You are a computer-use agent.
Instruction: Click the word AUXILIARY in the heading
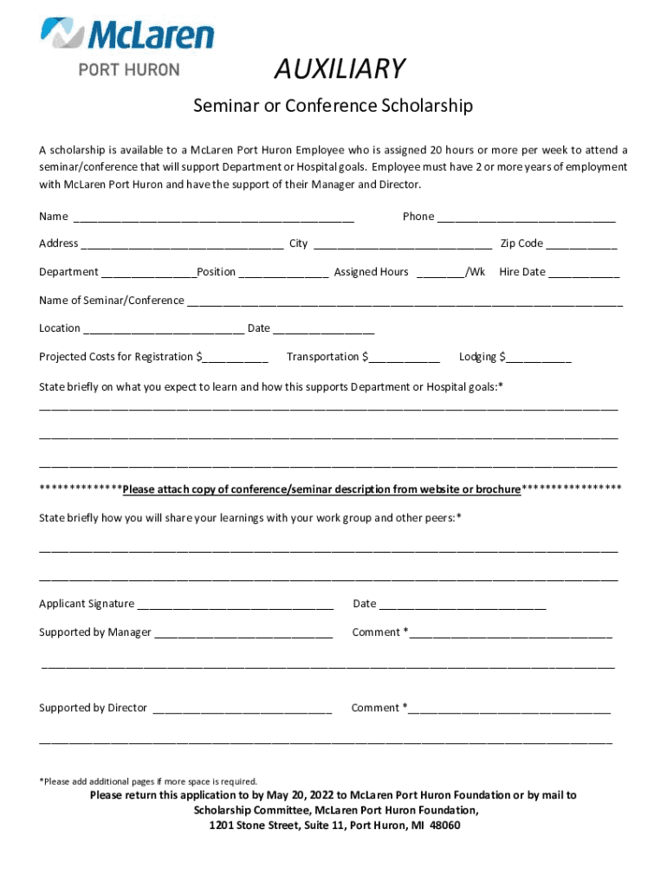click(x=340, y=68)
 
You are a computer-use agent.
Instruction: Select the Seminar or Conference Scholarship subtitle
click(x=333, y=106)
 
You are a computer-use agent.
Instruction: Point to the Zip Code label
click(x=521, y=243)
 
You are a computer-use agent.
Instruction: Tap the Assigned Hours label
click(x=371, y=272)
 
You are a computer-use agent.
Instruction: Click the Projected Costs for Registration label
click(x=117, y=357)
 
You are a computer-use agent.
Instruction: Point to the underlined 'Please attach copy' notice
click(x=321, y=489)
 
